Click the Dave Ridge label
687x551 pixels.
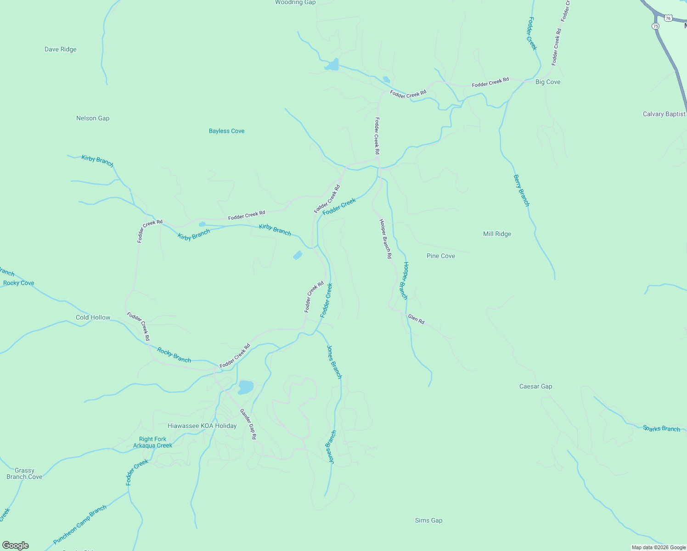click(x=61, y=50)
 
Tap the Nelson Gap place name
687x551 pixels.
click(x=93, y=118)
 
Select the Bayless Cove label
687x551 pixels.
click(x=226, y=131)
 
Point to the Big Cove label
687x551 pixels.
click(x=548, y=82)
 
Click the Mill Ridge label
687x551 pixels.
click(x=497, y=234)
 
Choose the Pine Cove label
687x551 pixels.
click(x=440, y=256)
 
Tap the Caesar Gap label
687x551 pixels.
click(x=535, y=387)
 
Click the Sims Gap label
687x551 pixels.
click(x=428, y=521)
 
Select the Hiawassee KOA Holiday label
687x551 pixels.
click(x=202, y=426)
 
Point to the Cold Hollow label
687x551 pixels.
click(x=93, y=318)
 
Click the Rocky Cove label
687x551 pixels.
click(x=19, y=283)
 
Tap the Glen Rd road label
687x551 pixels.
click(x=416, y=319)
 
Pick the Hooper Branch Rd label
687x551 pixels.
click(x=385, y=239)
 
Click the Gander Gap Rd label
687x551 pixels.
click(x=248, y=424)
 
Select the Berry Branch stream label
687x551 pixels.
click(x=521, y=191)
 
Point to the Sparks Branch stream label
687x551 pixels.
click(x=661, y=429)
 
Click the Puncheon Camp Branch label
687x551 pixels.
click(x=80, y=525)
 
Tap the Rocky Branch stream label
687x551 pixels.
click(x=174, y=355)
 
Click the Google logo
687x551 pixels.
click(x=16, y=545)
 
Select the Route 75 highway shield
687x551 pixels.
click(x=655, y=26)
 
